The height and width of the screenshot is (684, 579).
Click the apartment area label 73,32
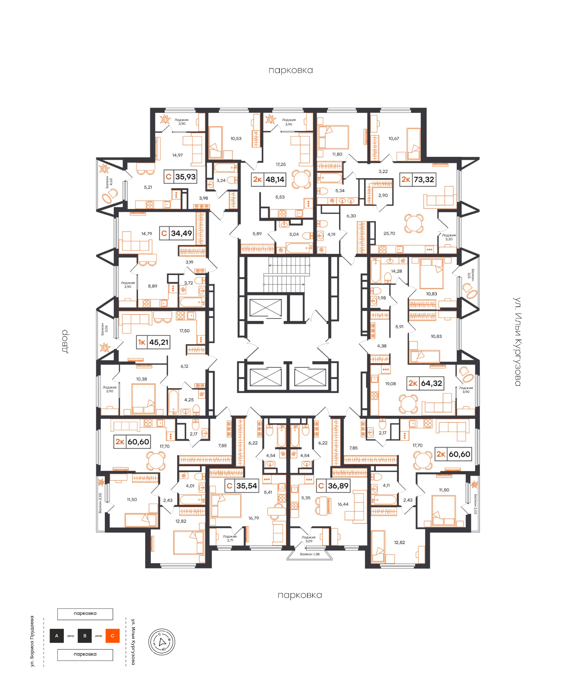424,180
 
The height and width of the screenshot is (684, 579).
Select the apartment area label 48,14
275,180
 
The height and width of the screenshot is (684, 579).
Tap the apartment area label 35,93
185,177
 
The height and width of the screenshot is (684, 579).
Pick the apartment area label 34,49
181,233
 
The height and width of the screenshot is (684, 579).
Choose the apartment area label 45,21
159,342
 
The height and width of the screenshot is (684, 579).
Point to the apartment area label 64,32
431,383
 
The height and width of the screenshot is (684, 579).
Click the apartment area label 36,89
338,486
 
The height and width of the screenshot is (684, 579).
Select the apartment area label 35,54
247,486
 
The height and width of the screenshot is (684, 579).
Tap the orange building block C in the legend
112,636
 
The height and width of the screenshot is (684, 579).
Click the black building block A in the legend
57,636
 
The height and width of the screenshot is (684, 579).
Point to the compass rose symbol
162,642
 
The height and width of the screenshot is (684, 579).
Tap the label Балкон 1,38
309,554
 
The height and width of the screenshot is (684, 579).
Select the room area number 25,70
389,233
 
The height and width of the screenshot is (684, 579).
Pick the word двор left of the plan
65,341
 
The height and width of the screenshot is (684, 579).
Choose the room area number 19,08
390,384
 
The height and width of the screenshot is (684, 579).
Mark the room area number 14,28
396,271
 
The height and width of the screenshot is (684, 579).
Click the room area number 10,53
236,139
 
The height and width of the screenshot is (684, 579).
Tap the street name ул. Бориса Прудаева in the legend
32,641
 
